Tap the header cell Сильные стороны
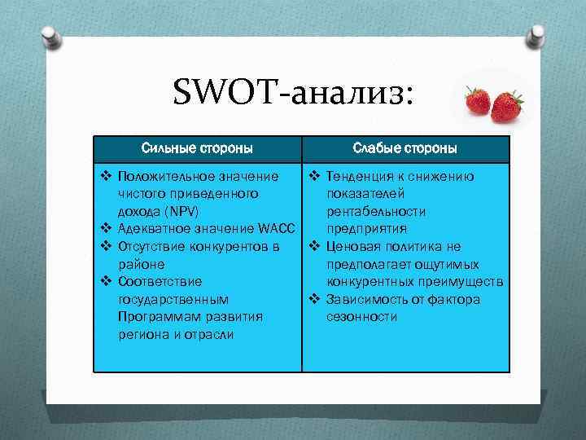pyautogui.click(x=196, y=148)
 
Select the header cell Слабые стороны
pyautogui.click(x=405, y=148)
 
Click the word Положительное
pyautogui.click(x=160, y=176)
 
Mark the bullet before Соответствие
pyautogui.click(x=106, y=282)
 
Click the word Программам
pyautogui.click(x=153, y=316)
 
